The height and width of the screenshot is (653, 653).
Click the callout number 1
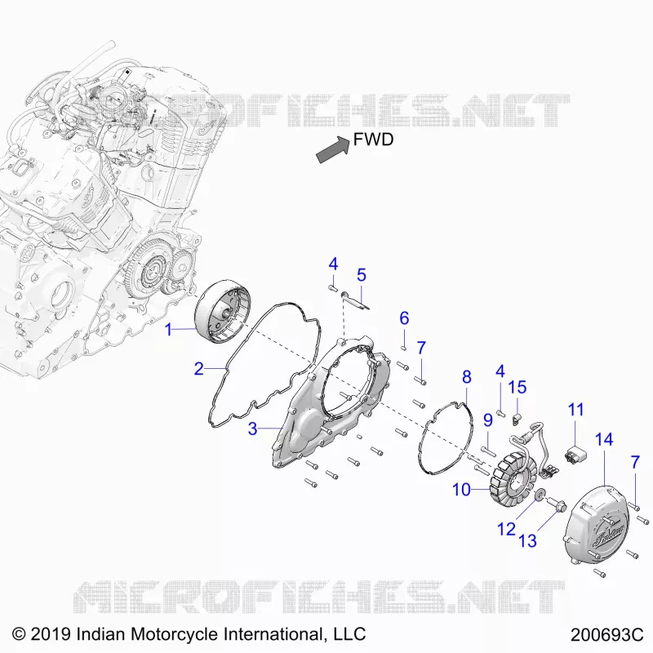(168, 330)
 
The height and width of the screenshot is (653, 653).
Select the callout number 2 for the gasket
(199, 369)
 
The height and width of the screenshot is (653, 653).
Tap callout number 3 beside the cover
(252, 429)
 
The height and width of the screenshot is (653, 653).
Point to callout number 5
(362, 275)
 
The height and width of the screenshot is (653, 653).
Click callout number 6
(404, 318)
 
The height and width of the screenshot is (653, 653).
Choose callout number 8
(467, 377)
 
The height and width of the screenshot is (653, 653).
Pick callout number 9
(488, 420)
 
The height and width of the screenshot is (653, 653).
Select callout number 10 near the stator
(461, 490)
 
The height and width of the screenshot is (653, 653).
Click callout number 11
(576, 410)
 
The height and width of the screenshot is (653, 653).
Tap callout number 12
(506, 529)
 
